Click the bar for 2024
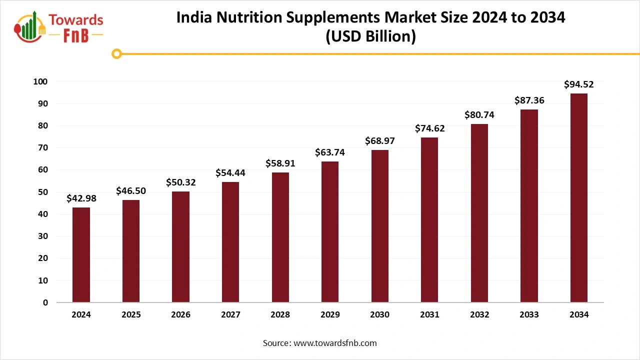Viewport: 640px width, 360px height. [x=81, y=255]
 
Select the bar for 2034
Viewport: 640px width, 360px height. [x=578, y=198]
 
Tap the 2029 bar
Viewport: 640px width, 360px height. [x=329, y=232]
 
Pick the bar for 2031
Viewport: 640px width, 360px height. [x=429, y=220]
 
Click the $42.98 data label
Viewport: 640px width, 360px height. [x=81, y=198]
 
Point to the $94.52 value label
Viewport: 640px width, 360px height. [x=578, y=84]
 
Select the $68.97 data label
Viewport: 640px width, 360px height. [x=379, y=141]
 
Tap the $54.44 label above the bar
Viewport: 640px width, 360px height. [x=230, y=173]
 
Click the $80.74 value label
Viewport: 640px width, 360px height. [x=479, y=115]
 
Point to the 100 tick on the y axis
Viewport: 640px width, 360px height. [x=40, y=81]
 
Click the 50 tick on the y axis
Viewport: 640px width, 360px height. [x=43, y=192]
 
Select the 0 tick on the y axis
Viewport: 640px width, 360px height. [x=45, y=302]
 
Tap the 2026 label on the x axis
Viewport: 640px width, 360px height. [x=180, y=315]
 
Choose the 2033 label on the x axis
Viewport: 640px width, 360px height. [x=529, y=315]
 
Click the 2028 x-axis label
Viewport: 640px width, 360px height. [x=280, y=315]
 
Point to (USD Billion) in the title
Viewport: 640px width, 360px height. [x=370, y=37]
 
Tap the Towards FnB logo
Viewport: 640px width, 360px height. [x=59, y=26]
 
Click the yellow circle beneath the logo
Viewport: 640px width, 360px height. [x=116, y=53]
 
